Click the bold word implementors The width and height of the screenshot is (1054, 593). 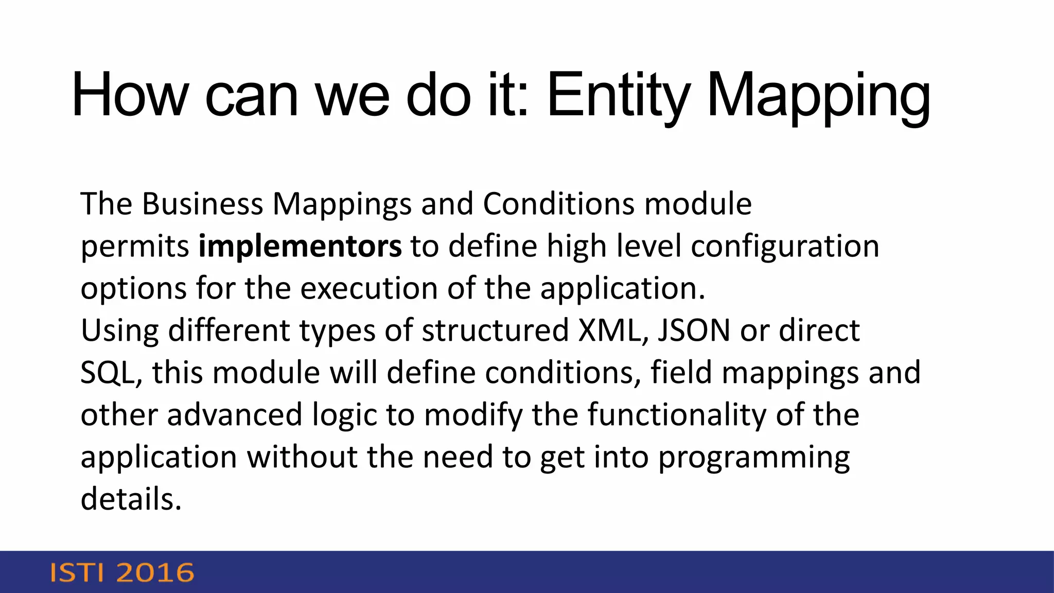tap(300, 246)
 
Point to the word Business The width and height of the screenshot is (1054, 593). tap(202, 204)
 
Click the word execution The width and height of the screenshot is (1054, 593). tap(368, 288)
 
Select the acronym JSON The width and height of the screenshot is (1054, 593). tap(694, 330)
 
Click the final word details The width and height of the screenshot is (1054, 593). tap(131, 499)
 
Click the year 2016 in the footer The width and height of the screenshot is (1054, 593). tap(155, 573)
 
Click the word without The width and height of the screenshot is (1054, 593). tap(302, 457)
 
